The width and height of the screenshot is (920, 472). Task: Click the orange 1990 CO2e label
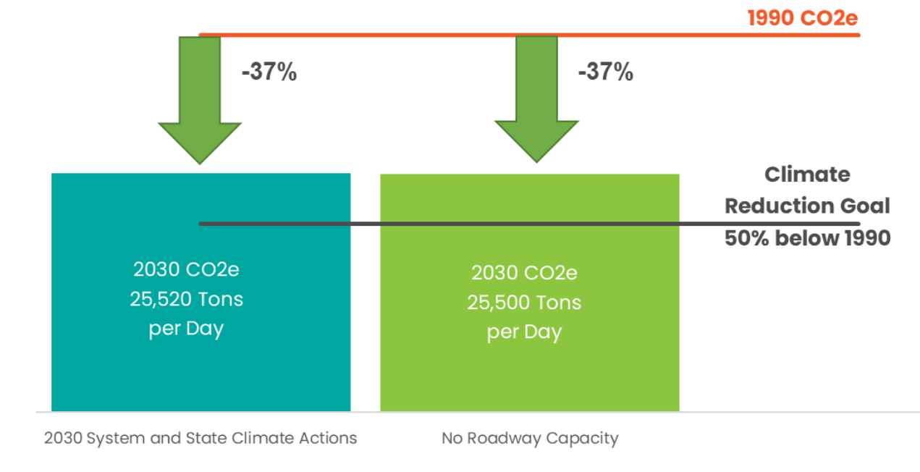[x=802, y=17]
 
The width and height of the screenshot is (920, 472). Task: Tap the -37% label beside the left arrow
[x=269, y=72]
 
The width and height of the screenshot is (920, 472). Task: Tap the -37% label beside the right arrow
[x=605, y=72]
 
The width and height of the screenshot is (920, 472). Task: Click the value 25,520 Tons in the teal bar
[x=187, y=299]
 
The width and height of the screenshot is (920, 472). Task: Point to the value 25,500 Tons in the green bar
[x=524, y=303]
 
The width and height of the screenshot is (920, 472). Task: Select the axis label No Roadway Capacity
[x=530, y=438]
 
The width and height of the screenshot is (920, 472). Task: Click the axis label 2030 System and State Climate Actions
[x=201, y=438]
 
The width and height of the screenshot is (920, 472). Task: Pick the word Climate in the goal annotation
[x=807, y=174]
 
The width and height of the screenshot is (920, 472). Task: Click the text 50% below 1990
[x=807, y=238]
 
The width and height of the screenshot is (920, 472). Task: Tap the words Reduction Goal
[x=807, y=206]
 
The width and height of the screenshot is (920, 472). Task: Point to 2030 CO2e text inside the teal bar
[x=187, y=269]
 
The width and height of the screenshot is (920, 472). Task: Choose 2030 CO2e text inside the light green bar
[x=524, y=273]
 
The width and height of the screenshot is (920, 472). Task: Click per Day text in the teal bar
[x=187, y=329]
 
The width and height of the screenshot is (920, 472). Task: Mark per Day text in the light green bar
[x=524, y=332]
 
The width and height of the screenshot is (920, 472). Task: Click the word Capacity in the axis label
[x=590, y=438]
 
